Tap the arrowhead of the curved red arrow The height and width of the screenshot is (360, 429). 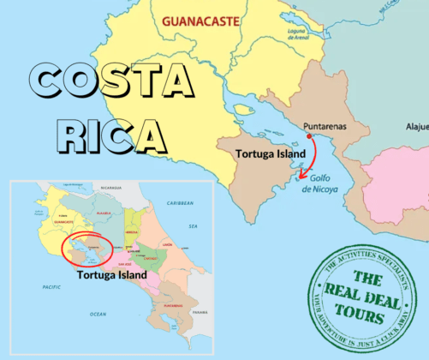coord(301,176)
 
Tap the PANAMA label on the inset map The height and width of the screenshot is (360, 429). coord(200,312)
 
